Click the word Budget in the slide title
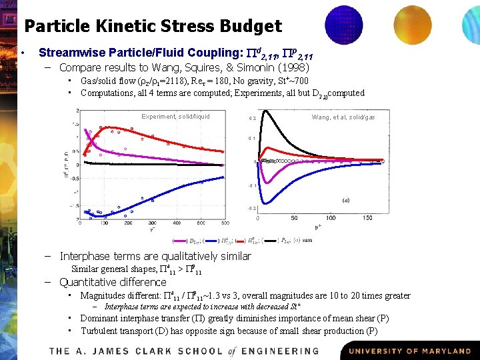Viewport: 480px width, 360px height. (249, 26)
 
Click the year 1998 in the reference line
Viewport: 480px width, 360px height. (291, 67)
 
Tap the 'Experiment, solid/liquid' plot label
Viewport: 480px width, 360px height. (175, 117)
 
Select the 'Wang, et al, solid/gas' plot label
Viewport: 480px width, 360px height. (343, 117)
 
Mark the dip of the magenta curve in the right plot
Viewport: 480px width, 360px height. (268, 183)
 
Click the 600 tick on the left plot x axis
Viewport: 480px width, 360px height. (225, 223)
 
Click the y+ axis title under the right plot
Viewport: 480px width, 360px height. (318, 227)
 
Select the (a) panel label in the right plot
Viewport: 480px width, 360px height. (346, 199)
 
